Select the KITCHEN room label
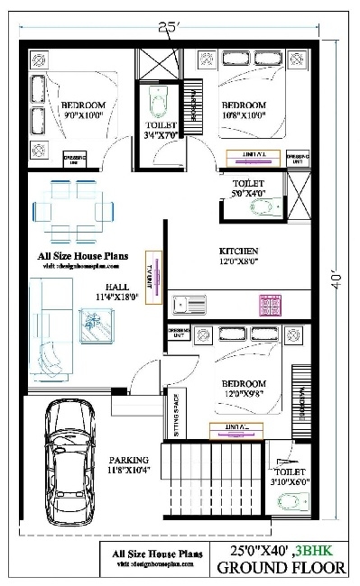coord(239,256)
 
